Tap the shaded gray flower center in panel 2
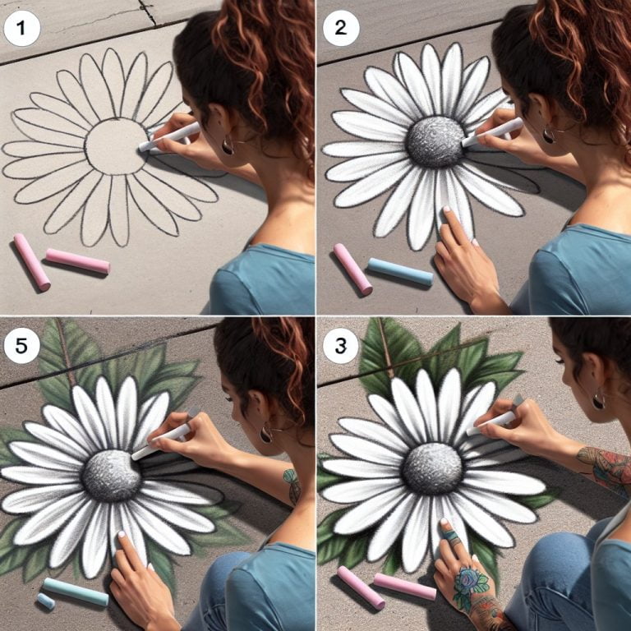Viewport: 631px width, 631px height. point(435,141)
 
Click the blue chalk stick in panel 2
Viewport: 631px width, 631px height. point(399,272)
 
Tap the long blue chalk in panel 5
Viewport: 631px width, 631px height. point(76,592)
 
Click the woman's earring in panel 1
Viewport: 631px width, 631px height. point(228,145)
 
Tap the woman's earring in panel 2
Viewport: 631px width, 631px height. point(548,134)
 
